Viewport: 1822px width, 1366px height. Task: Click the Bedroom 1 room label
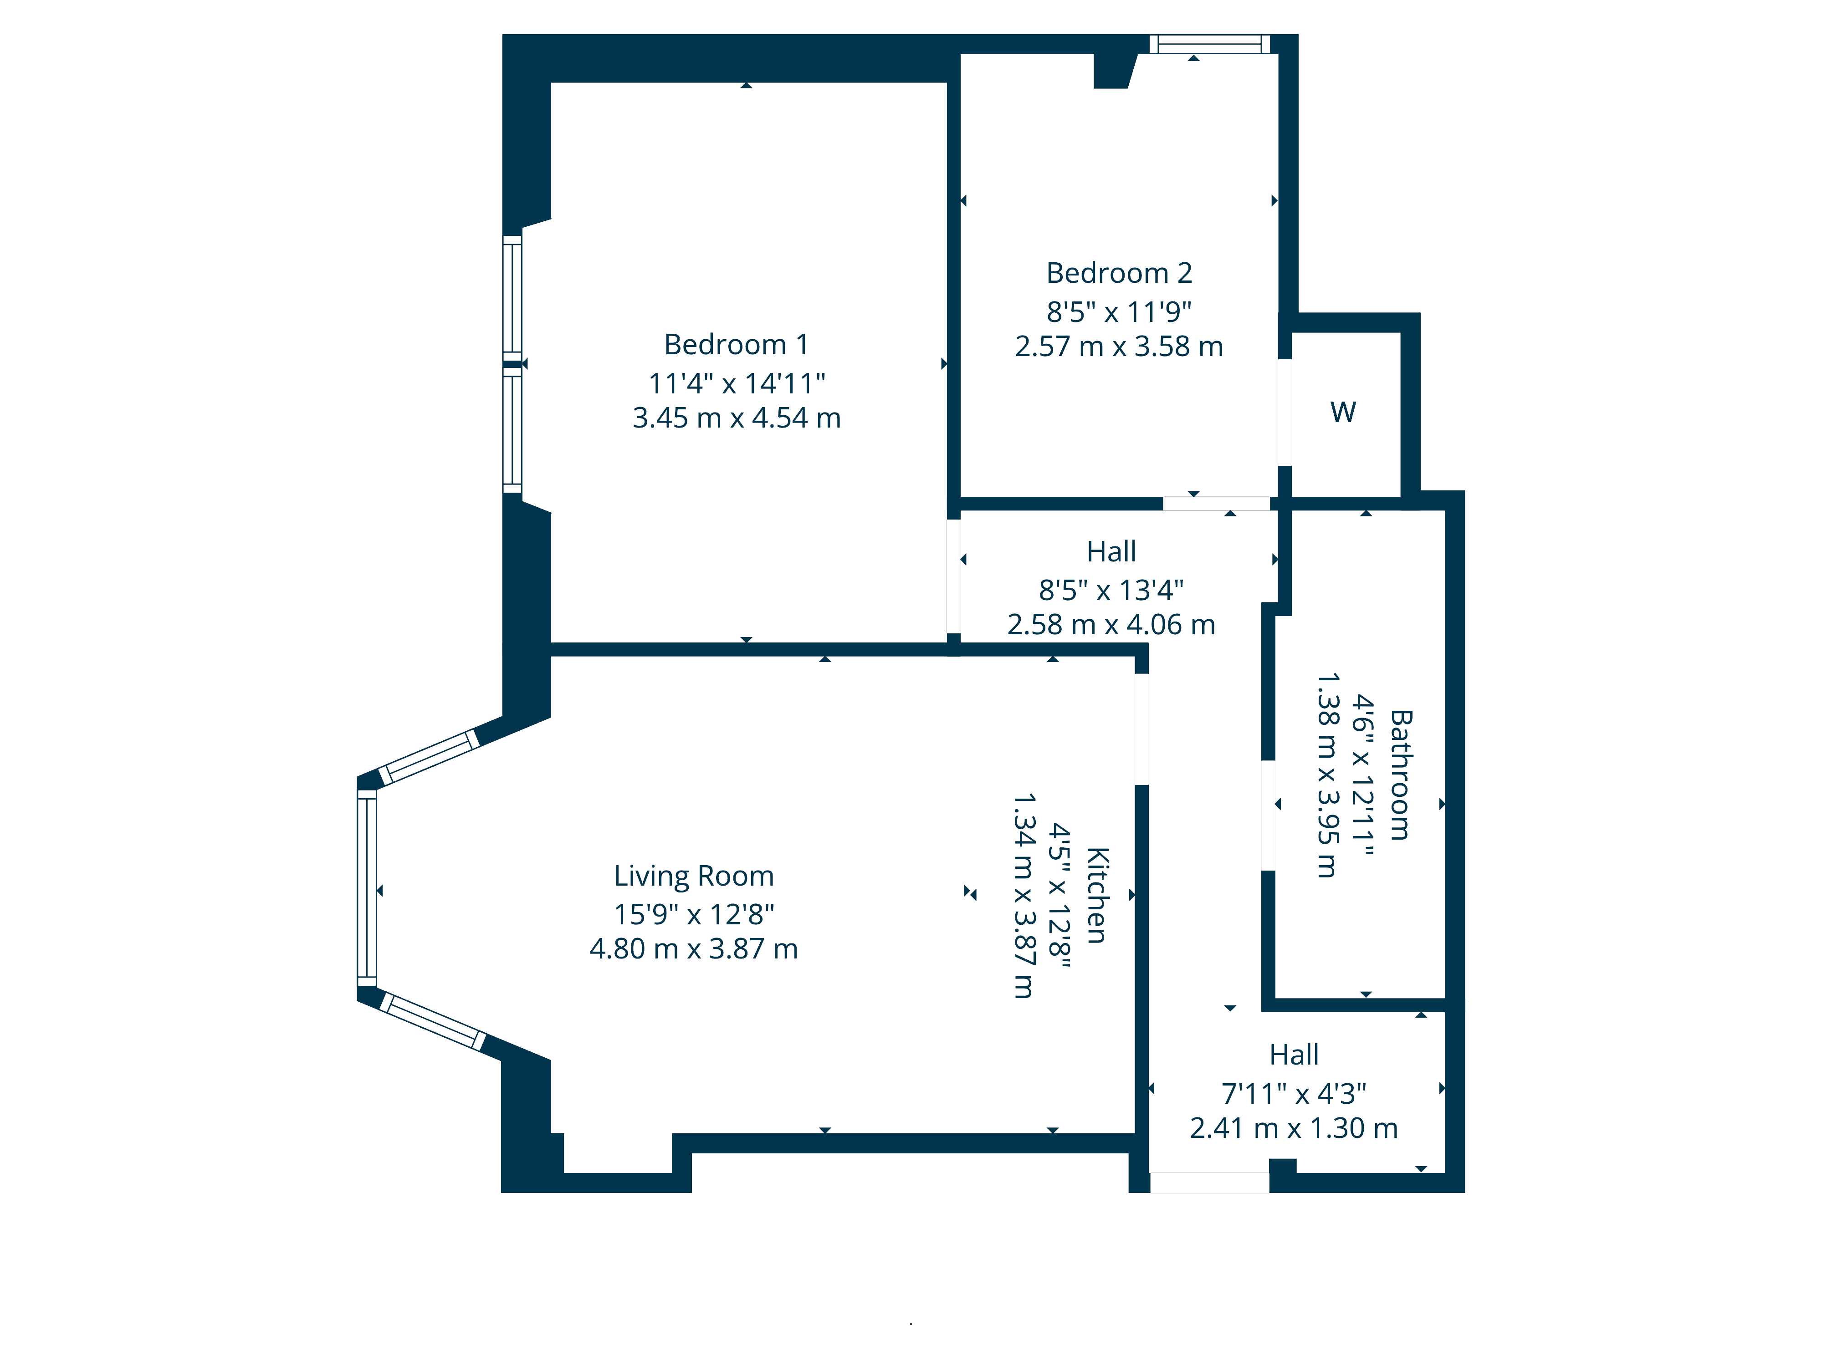pos(737,344)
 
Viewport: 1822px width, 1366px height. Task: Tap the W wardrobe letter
pos(1343,412)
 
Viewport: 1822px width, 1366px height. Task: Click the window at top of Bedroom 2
pos(1210,44)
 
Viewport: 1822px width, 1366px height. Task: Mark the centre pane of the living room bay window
pos(367,887)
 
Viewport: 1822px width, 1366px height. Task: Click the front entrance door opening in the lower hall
pos(1209,1183)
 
